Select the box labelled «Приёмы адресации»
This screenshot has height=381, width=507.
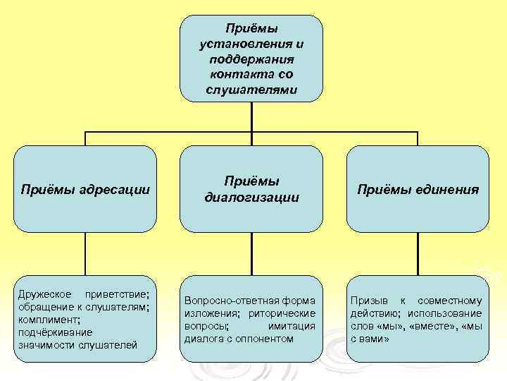85,189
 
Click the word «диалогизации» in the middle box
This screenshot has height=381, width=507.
251,198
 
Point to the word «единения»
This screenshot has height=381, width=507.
448,189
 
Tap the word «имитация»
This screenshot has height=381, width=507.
292,326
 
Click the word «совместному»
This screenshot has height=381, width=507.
453,301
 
